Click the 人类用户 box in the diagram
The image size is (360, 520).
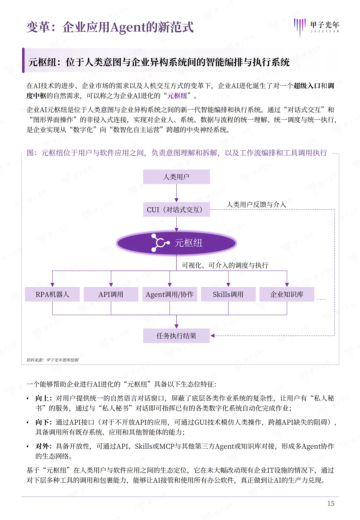tap(176, 177)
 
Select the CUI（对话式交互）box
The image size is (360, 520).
tap(176, 210)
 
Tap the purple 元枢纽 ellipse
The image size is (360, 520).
tap(176, 243)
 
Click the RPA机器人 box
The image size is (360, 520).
tap(52, 294)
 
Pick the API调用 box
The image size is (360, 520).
tap(111, 294)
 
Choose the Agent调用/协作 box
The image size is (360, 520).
tap(170, 294)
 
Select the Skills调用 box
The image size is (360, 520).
tap(228, 294)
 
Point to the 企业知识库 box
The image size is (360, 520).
tap(287, 294)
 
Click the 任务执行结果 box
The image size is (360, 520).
tap(176, 336)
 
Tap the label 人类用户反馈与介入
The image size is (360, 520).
tap(256, 204)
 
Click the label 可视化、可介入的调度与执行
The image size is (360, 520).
tap(225, 265)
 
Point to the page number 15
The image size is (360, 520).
tap(331, 503)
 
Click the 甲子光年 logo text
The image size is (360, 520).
tap(324, 25)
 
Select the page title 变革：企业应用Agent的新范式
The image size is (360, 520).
tap(110, 27)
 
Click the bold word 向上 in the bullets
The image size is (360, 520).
tap(42, 398)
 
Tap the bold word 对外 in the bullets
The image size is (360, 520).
tap(42, 446)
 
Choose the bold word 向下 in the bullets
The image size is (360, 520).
tap(42, 422)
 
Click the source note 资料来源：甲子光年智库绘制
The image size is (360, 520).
tap(53, 360)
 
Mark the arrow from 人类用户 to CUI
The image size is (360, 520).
tap(176, 193)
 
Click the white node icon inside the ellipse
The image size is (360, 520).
tap(160, 242)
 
